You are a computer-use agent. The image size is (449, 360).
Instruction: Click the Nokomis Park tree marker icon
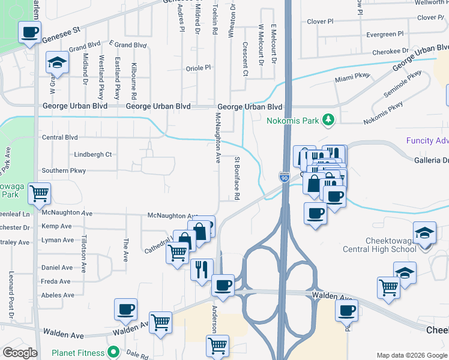[328, 120]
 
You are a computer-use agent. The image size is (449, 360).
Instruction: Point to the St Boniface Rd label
[237, 178]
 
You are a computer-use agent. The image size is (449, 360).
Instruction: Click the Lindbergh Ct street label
[93, 155]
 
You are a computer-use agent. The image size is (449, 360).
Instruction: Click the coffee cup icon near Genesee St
[29, 32]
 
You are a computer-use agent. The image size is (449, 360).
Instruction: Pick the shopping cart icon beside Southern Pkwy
[40, 193]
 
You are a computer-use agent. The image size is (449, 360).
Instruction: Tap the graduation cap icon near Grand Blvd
[58, 62]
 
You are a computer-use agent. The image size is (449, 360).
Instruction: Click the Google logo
[20, 353]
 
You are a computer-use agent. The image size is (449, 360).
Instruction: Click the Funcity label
[427, 141]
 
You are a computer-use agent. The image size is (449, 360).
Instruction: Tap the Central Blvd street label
[60, 137]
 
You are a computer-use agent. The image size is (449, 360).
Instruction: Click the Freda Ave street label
[57, 281]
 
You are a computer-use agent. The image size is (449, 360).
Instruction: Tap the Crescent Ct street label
[245, 59]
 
